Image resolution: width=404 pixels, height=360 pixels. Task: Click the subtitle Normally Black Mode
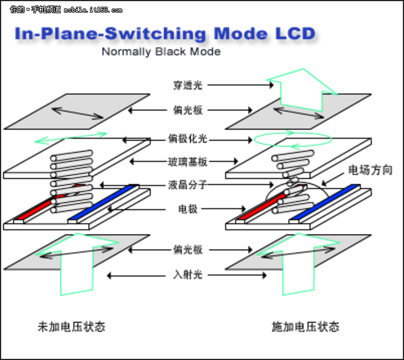tap(161, 52)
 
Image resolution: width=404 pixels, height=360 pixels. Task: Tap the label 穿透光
tap(188, 86)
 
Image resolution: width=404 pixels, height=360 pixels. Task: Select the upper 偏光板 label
tap(188, 110)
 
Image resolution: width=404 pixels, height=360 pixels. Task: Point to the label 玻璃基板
tap(188, 162)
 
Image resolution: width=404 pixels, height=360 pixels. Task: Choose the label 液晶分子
tap(188, 185)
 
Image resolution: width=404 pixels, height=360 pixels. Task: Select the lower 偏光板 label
tap(188, 248)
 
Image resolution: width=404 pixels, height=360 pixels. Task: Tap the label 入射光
tap(188, 275)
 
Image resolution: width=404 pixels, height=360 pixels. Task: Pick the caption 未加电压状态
tap(71, 327)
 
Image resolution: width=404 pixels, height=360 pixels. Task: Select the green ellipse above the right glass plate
tap(293, 139)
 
